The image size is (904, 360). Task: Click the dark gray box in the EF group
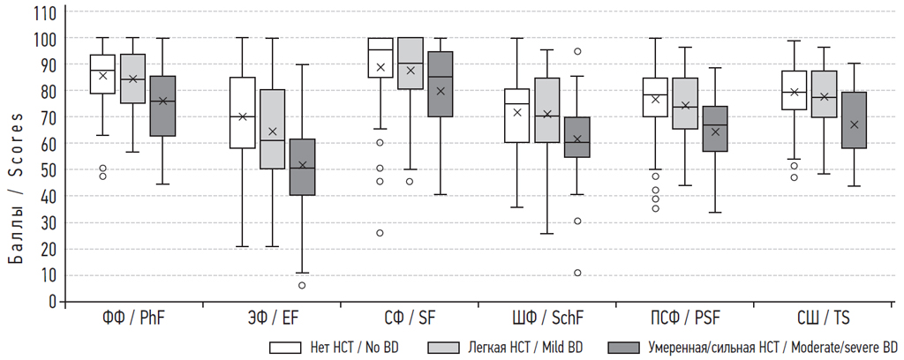tap(302, 167)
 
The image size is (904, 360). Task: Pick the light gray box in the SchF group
tap(547, 110)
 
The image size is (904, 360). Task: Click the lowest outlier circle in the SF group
tap(380, 233)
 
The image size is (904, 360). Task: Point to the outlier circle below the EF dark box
tap(302, 285)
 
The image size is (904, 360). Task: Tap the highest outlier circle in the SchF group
tap(577, 51)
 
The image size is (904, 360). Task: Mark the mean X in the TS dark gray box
tap(854, 125)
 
